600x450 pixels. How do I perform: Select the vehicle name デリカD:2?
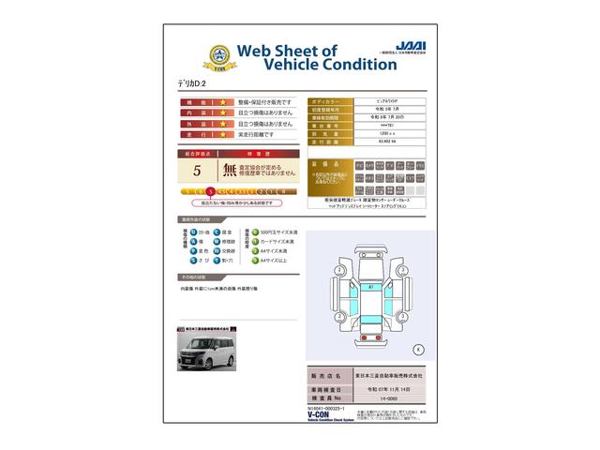click(x=196, y=83)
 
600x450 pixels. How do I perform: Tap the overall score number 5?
click(x=197, y=171)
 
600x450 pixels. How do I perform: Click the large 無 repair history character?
click(x=229, y=171)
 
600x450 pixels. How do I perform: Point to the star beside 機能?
click(x=223, y=101)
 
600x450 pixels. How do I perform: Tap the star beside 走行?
click(x=223, y=135)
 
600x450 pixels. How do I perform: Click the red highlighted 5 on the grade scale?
click(x=223, y=190)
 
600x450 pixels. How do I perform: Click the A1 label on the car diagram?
click(x=370, y=285)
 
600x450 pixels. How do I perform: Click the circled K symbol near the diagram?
click(x=417, y=349)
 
